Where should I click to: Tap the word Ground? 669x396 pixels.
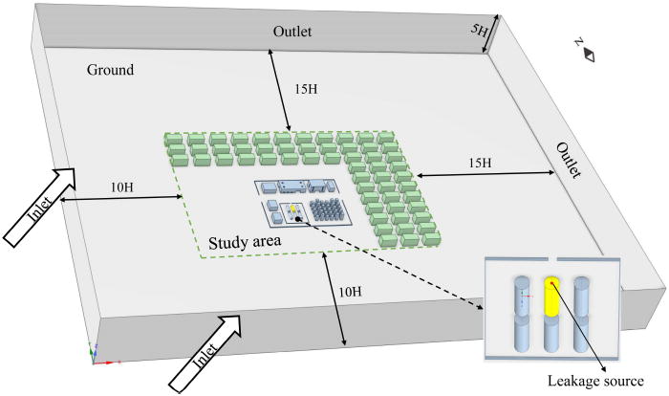(x=110, y=70)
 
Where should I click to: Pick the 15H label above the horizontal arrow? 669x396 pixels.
(x=481, y=164)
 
